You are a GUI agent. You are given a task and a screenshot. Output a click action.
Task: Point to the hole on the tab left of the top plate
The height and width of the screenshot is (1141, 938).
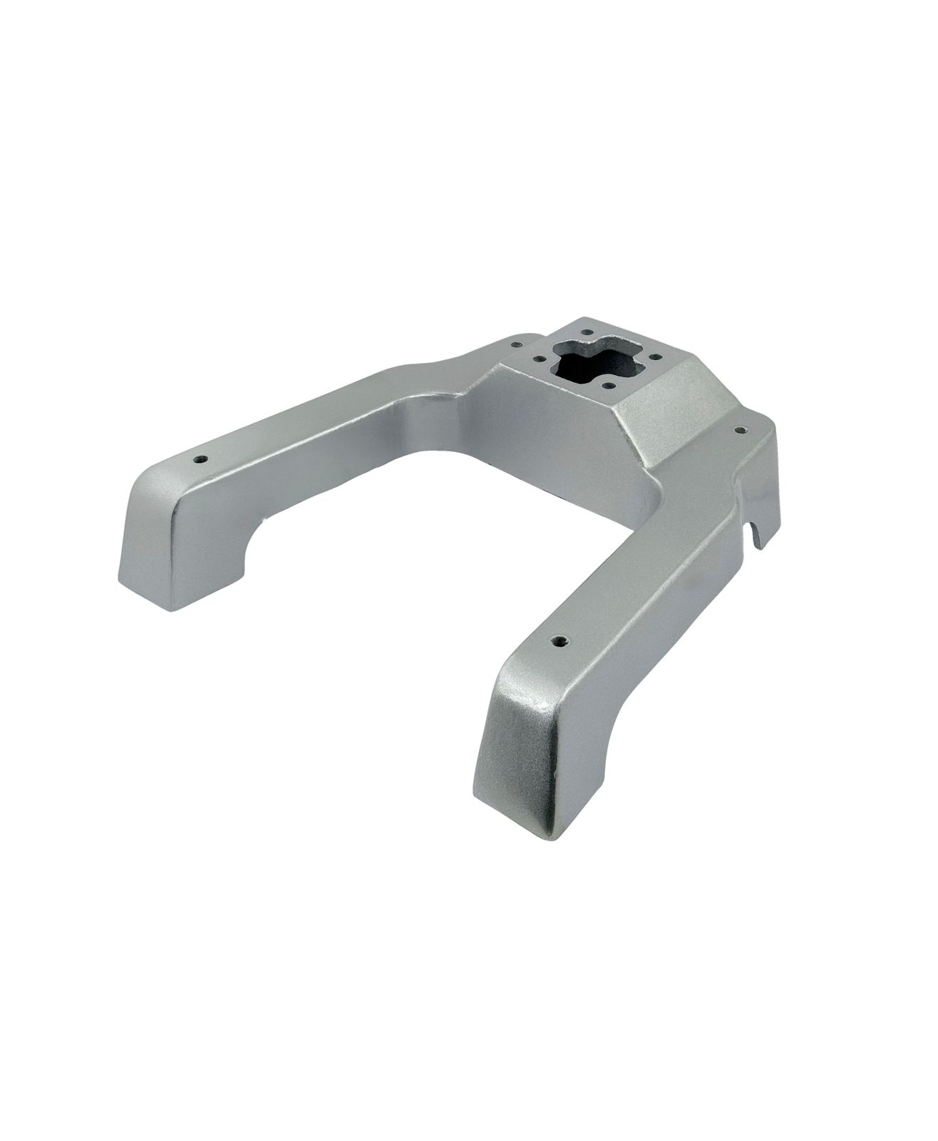[x=512, y=344]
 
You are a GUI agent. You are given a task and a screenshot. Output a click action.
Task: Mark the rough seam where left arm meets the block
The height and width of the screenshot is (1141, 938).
[x=456, y=399]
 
